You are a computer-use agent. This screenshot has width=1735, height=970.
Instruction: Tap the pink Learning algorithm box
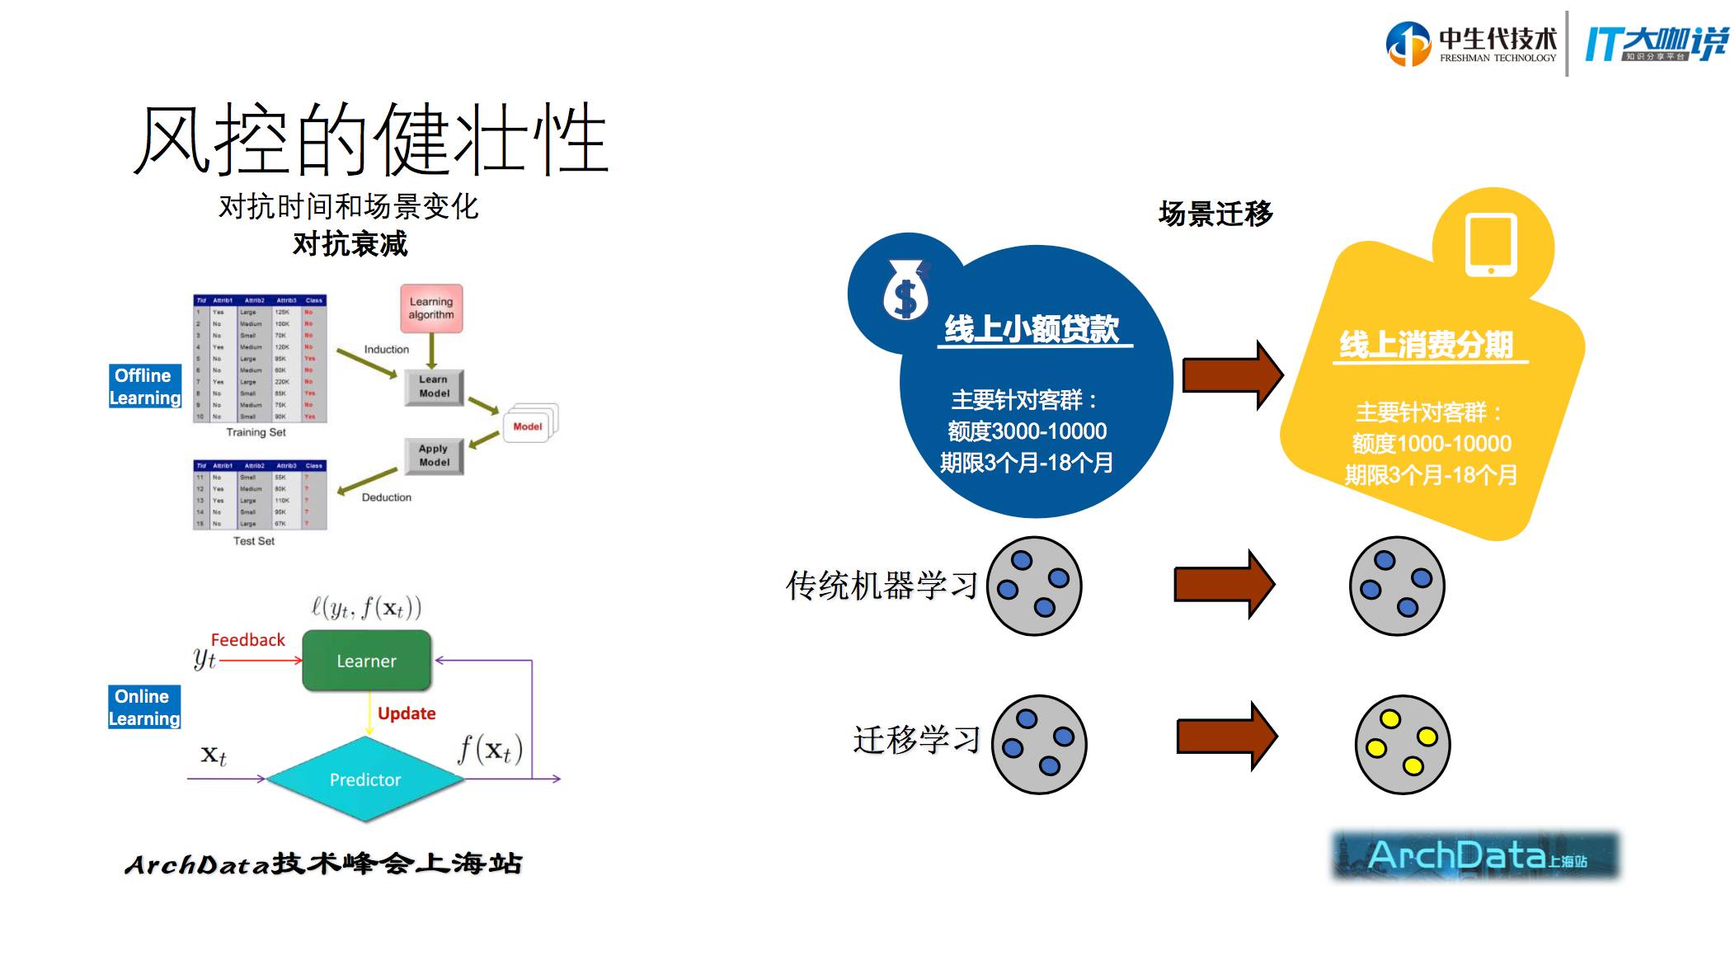point(431,308)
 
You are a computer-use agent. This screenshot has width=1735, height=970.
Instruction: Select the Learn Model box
point(434,387)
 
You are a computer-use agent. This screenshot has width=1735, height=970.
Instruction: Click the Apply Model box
point(434,455)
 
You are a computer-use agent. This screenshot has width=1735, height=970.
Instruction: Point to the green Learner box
point(367,661)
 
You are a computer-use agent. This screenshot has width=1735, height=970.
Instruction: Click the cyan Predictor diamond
point(365,779)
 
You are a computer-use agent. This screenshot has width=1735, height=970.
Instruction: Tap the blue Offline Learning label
point(145,387)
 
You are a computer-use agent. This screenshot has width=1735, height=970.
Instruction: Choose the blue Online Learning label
point(144,708)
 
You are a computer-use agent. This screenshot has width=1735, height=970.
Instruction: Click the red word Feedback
point(247,640)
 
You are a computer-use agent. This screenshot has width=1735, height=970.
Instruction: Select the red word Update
point(407,713)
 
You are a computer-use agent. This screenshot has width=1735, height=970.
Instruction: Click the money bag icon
point(905,290)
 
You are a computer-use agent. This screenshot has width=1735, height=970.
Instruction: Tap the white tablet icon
point(1491,245)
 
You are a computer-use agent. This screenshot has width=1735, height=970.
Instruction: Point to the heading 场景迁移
point(1215,214)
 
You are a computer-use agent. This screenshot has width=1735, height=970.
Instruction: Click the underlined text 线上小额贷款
point(1032,329)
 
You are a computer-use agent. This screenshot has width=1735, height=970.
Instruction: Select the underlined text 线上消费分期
point(1427,345)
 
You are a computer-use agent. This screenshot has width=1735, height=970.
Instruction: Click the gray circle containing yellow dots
point(1403,744)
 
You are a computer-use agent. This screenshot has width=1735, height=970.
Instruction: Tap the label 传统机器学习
point(882,586)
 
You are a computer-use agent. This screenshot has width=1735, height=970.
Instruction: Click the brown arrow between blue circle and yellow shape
point(1232,375)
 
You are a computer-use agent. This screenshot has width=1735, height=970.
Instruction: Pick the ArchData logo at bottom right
point(1476,855)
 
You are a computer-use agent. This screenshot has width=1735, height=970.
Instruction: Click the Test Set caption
point(254,541)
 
